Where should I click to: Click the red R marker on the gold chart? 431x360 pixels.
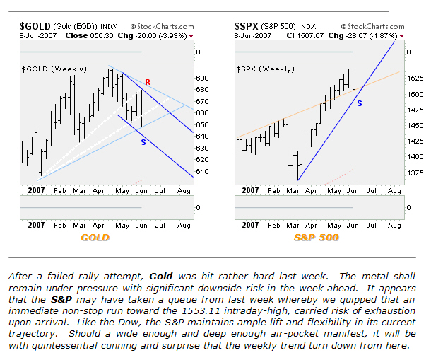click(x=147, y=83)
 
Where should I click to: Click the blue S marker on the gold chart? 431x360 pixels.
click(x=143, y=142)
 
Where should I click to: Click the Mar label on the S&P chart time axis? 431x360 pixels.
click(x=293, y=190)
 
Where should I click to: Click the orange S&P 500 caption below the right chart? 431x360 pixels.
click(x=316, y=238)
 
